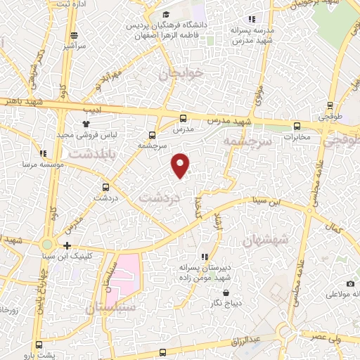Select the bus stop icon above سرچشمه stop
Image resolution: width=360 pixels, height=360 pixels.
(x=153, y=135)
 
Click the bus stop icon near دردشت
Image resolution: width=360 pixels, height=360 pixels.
(x=106, y=187)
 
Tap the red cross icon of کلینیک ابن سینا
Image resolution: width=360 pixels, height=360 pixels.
(x=67, y=245)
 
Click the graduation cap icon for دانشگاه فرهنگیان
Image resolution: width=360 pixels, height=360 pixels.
(x=165, y=14)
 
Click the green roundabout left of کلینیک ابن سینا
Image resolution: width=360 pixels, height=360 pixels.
(x=46, y=245)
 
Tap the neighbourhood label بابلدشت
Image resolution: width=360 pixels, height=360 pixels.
(x=96, y=151)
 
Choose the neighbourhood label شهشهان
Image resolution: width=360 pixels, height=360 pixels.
(x=266, y=240)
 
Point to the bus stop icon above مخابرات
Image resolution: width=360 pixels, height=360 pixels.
(x=296, y=126)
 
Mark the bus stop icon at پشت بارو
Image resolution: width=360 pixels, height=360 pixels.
(x=38, y=345)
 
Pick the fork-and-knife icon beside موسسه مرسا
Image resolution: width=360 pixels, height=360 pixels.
(x=43, y=153)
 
